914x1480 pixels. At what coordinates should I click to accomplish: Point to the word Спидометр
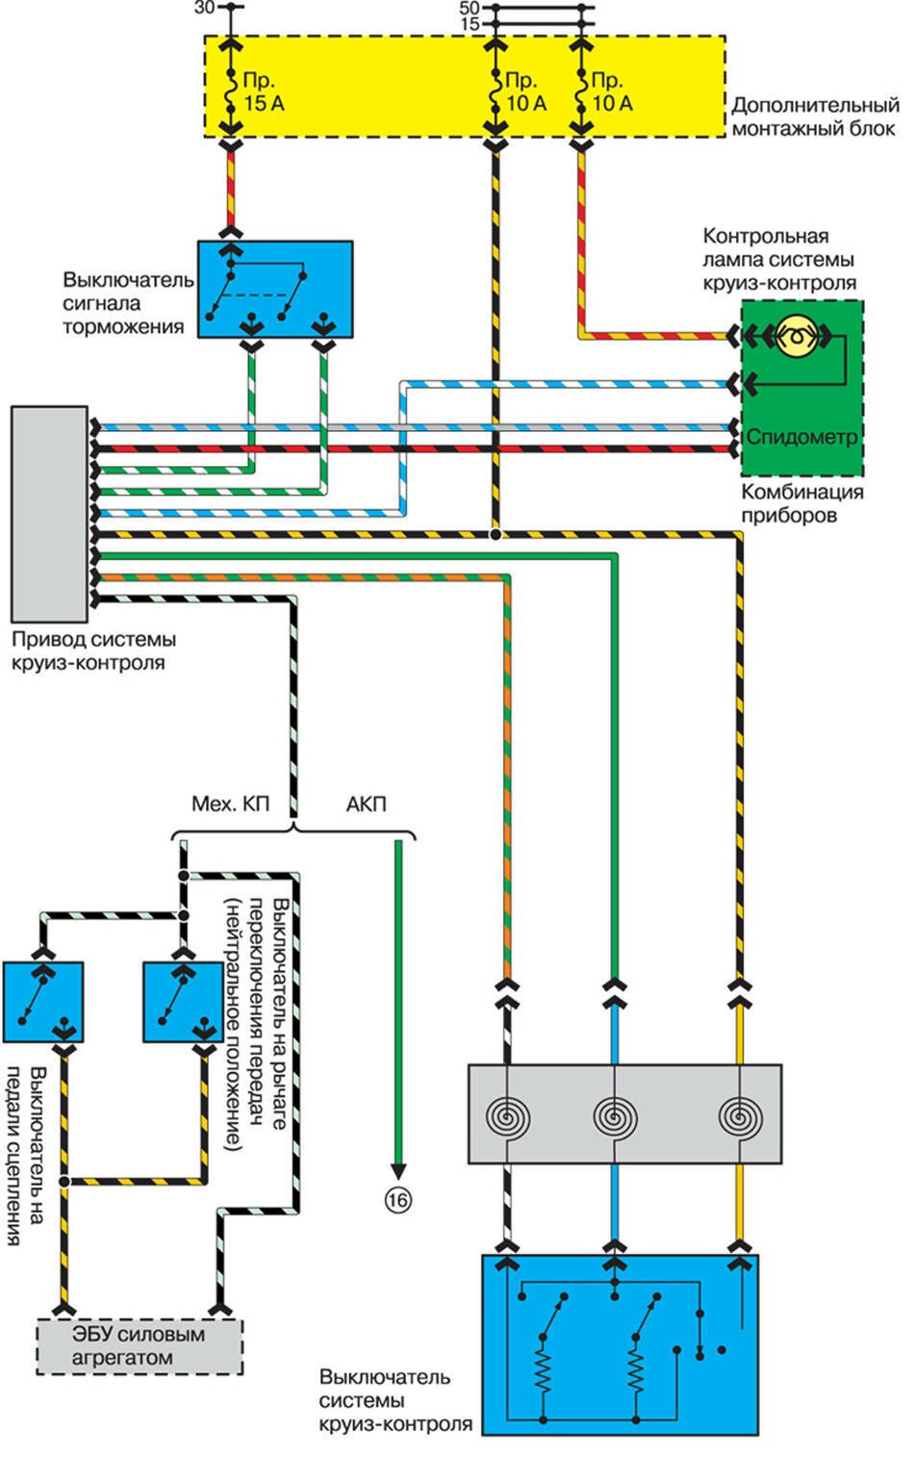tap(801, 437)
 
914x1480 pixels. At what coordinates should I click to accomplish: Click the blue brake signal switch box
tap(275, 289)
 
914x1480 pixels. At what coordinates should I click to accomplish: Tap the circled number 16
tap(397, 1200)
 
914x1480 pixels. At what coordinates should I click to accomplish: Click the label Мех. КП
tap(229, 804)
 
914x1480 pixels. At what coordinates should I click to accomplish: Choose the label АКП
tap(366, 804)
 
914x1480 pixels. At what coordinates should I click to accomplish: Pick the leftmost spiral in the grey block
tap(507, 1116)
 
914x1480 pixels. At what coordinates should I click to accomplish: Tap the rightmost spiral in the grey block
tap(740, 1116)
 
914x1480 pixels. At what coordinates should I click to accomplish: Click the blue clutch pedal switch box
tap(42, 1002)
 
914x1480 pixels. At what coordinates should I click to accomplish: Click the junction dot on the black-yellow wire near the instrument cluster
tap(495, 534)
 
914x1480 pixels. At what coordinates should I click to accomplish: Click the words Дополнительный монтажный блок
tap(815, 116)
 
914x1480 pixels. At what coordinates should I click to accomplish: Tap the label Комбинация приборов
tap(801, 503)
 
